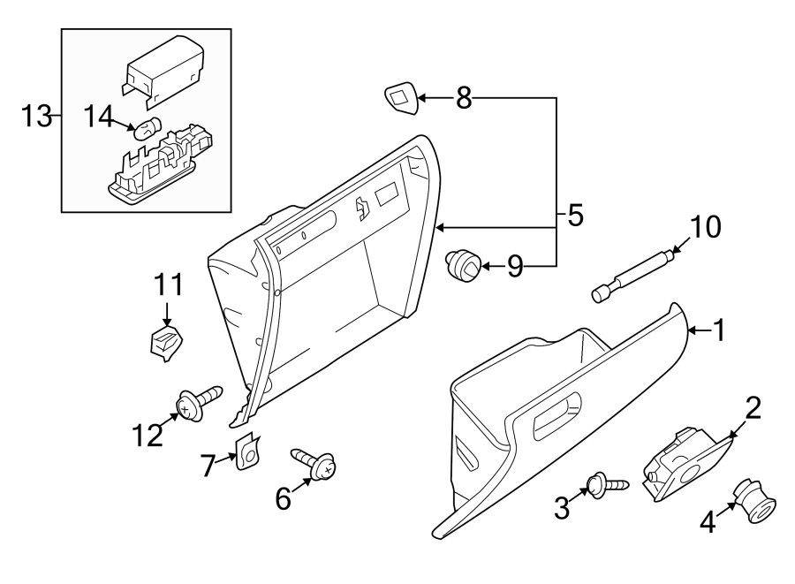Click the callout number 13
click(x=37, y=117)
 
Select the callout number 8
click(x=464, y=98)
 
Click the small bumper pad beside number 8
click(x=401, y=99)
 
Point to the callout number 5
click(x=575, y=215)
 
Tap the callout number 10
click(x=705, y=227)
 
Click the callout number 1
click(x=720, y=330)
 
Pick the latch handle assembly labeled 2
click(x=685, y=464)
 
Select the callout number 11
click(x=169, y=284)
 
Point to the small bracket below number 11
click(x=165, y=341)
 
